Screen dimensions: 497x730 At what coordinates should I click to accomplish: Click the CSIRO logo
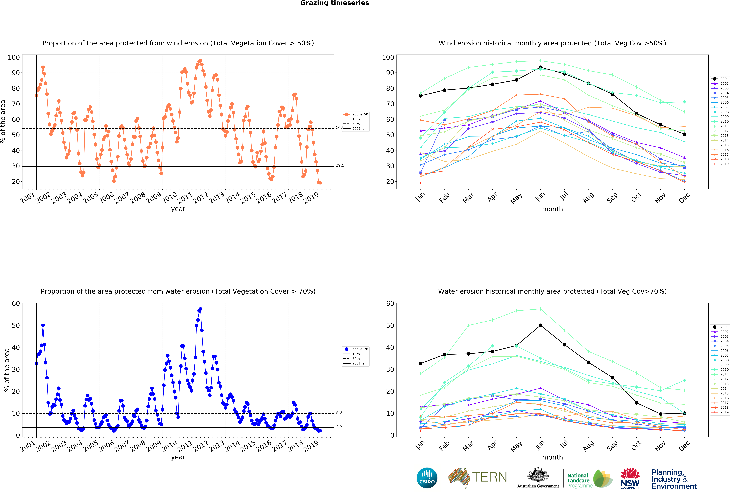pyautogui.click(x=427, y=478)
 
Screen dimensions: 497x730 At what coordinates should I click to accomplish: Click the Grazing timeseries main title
pyautogui.click(x=335, y=3)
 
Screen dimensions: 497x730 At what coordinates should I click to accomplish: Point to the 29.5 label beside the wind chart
pyautogui.click(x=340, y=165)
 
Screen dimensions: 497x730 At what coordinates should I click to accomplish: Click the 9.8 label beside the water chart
pyautogui.click(x=339, y=412)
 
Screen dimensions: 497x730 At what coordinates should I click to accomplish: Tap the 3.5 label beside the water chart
pyautogui.click(x=339, y=426)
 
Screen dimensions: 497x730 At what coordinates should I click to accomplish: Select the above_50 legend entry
pyautogui.click(x=360, y=115)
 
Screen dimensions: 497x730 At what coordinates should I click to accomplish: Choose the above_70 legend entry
pyautogui.click(x=360, y=349)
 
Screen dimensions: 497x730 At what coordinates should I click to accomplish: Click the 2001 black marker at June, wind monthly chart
pyautogui.click(x=540, y=67)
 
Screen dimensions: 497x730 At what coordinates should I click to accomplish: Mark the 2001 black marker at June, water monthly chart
pyautogui.click(x=540, y=325)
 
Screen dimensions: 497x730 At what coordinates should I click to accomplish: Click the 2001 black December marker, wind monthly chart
pyautogui.click(x=684, y=134)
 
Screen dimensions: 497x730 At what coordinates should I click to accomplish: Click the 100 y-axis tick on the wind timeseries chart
pyautogui.click(x=14, y=57)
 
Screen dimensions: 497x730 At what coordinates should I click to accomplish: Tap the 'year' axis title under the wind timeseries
pyautogui.click(x=178, y=209)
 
